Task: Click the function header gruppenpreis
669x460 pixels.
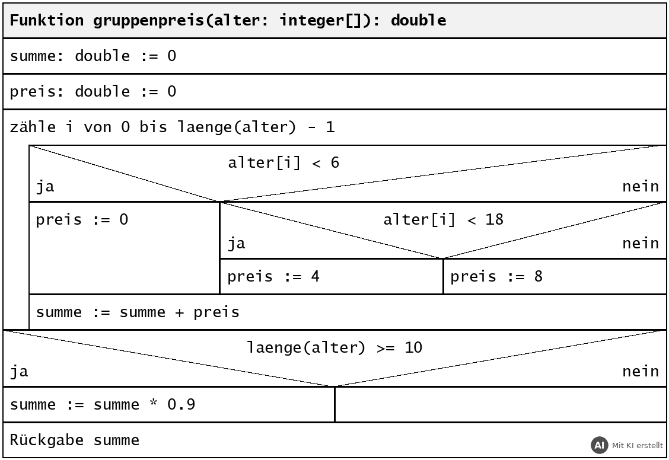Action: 228,20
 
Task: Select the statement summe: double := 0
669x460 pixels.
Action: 93,56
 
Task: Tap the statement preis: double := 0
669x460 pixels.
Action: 93,91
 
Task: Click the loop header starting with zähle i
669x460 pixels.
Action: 173,127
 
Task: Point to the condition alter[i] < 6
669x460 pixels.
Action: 283,162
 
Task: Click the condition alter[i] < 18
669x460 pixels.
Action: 443,219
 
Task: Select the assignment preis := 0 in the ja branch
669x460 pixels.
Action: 82,219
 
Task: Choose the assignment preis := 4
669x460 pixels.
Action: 273,276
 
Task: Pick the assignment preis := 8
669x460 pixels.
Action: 496,276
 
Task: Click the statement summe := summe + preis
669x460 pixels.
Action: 138,312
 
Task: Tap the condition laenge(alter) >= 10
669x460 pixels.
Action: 334,347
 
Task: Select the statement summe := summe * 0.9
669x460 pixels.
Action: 103,404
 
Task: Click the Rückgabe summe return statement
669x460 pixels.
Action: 75,440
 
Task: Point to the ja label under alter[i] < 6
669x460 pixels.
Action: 45,186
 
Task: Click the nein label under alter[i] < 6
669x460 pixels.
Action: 641,186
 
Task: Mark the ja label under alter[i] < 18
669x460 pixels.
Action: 237,244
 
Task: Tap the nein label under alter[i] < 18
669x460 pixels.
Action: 641,244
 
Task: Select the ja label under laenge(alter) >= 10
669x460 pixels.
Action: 19,371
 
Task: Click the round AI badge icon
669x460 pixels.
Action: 600,446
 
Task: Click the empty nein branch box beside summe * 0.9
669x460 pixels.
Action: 501,405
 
